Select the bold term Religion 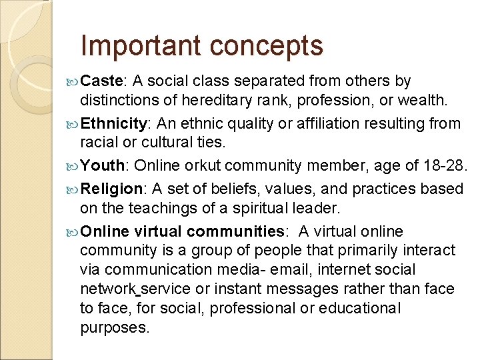109,189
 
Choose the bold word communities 236,231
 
